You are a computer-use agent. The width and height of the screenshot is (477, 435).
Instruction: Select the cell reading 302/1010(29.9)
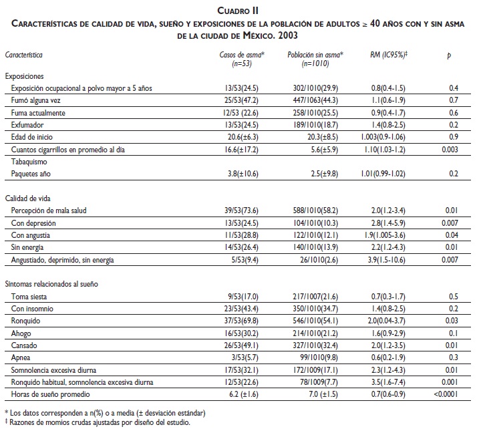point(312,88)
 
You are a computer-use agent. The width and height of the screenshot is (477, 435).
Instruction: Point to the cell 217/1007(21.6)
point(312,296)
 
